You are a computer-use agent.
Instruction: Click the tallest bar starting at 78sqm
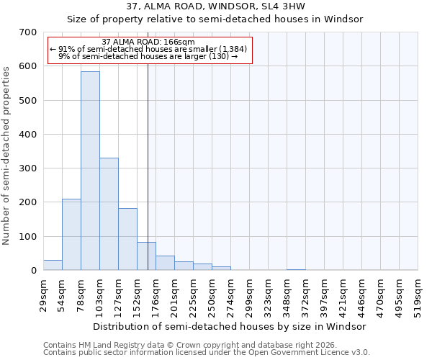pos(90,171)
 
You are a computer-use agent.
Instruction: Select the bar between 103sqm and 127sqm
pos(109,214)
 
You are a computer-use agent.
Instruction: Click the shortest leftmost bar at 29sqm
pos(53,265)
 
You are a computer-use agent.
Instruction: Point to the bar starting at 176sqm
pos(165,263)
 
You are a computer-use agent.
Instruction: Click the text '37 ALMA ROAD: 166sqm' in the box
pos(148,42)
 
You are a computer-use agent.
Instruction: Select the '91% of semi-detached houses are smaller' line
pos(148,49)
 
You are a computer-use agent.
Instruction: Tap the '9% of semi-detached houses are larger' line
pos(148,56)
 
